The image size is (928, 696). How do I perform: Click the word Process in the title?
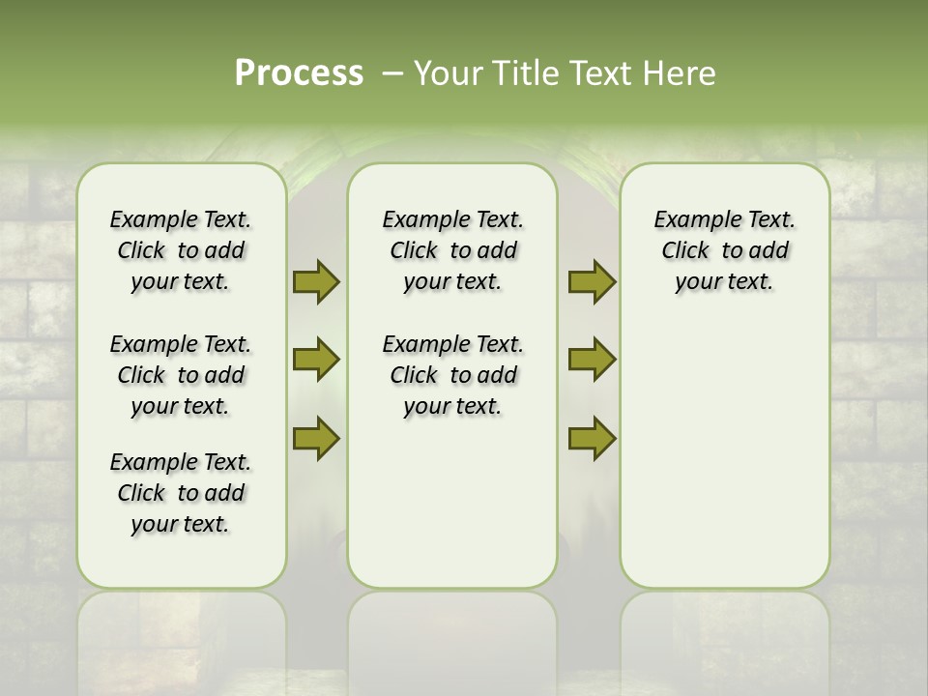point(299,72)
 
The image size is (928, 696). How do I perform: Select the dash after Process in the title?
point(392,74)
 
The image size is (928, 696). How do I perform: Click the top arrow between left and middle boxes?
point(316,281)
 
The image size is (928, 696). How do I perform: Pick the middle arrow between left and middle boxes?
point(316,360)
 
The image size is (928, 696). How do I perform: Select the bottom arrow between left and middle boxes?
point(316,438)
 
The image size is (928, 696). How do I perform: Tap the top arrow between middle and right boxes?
point(592,281)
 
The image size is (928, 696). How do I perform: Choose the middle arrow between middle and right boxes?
point(592,360)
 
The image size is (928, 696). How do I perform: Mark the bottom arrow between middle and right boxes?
point(592,438)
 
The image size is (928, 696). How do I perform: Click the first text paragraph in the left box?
point(181,250)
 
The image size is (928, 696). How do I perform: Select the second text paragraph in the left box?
point(181,375)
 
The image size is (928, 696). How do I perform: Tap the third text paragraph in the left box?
point(181,493)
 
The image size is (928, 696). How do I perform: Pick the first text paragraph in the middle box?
point(452,250)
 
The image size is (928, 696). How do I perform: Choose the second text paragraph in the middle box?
point(452,375)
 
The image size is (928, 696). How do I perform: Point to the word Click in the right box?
point(685,251)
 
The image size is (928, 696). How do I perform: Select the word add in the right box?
point(769,251)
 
